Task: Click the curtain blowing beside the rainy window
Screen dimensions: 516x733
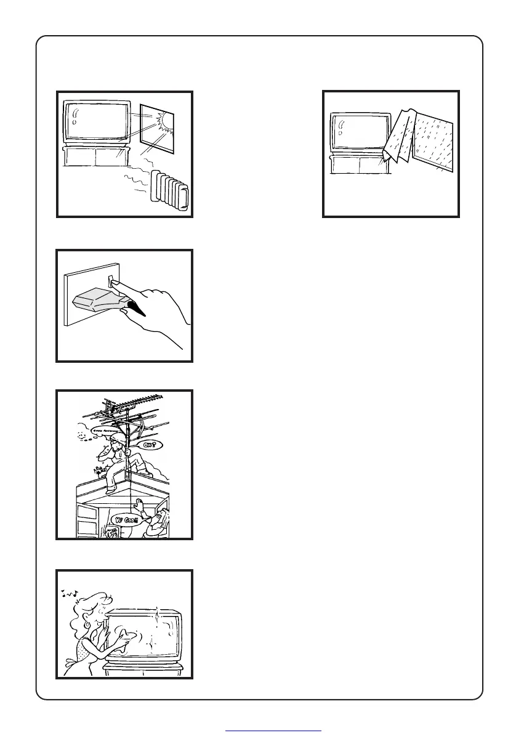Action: tap(400, 142)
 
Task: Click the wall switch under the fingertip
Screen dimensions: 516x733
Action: tap(111, 281)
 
